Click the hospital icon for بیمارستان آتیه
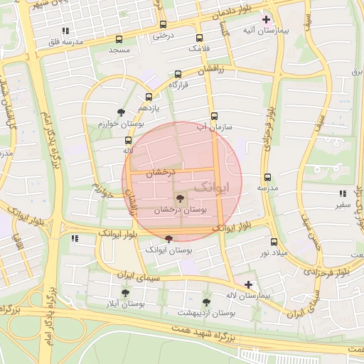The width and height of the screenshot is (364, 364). (x=266, y=19)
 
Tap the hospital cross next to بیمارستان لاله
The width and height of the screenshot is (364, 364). (x=248, y=284)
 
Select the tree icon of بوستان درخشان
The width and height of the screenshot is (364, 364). (x=179, y=200)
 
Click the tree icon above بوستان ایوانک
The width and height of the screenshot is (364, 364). (x=168, y=240)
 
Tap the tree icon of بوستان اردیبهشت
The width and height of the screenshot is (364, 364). (x=206, y=301)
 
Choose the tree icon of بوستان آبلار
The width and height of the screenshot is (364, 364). (x=125, y=292)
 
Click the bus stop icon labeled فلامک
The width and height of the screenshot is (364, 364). (x=198, y=38)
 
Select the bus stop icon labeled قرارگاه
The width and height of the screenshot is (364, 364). (x=177, y=74)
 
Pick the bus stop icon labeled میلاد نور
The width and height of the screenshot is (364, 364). (x=274, y=242)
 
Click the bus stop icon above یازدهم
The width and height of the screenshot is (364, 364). (x=149, y=97)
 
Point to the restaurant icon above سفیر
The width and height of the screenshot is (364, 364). (x=343, y=193)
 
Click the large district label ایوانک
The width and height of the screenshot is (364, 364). (x=211, y=187)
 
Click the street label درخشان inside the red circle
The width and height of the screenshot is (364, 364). (x=160, y=173)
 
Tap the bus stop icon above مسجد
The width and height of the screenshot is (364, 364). (x=118, y=40)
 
